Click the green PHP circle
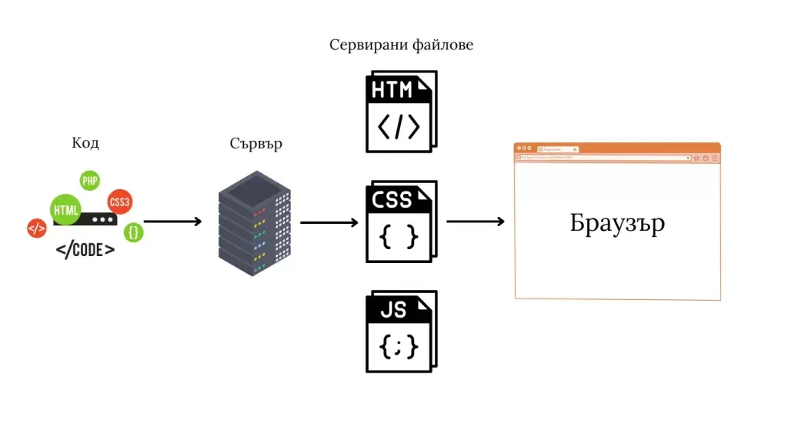pos(90,181)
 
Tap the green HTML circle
pos(65,209)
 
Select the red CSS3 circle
pos(119,202)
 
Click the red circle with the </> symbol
pos(36,228)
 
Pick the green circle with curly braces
pos(134,231)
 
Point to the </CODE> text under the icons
pos(85,250)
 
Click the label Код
pos(85,143)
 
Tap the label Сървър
pos(255,144)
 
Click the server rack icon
pos(255,222)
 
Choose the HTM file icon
pos(400,112)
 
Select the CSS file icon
pos(400,221)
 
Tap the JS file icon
pos(400,331)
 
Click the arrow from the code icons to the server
pos(172,221)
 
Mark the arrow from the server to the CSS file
pos(329,223)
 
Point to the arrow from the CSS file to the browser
pos(476,221)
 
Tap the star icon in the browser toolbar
pos(697,158)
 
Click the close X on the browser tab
pos(575,149)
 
